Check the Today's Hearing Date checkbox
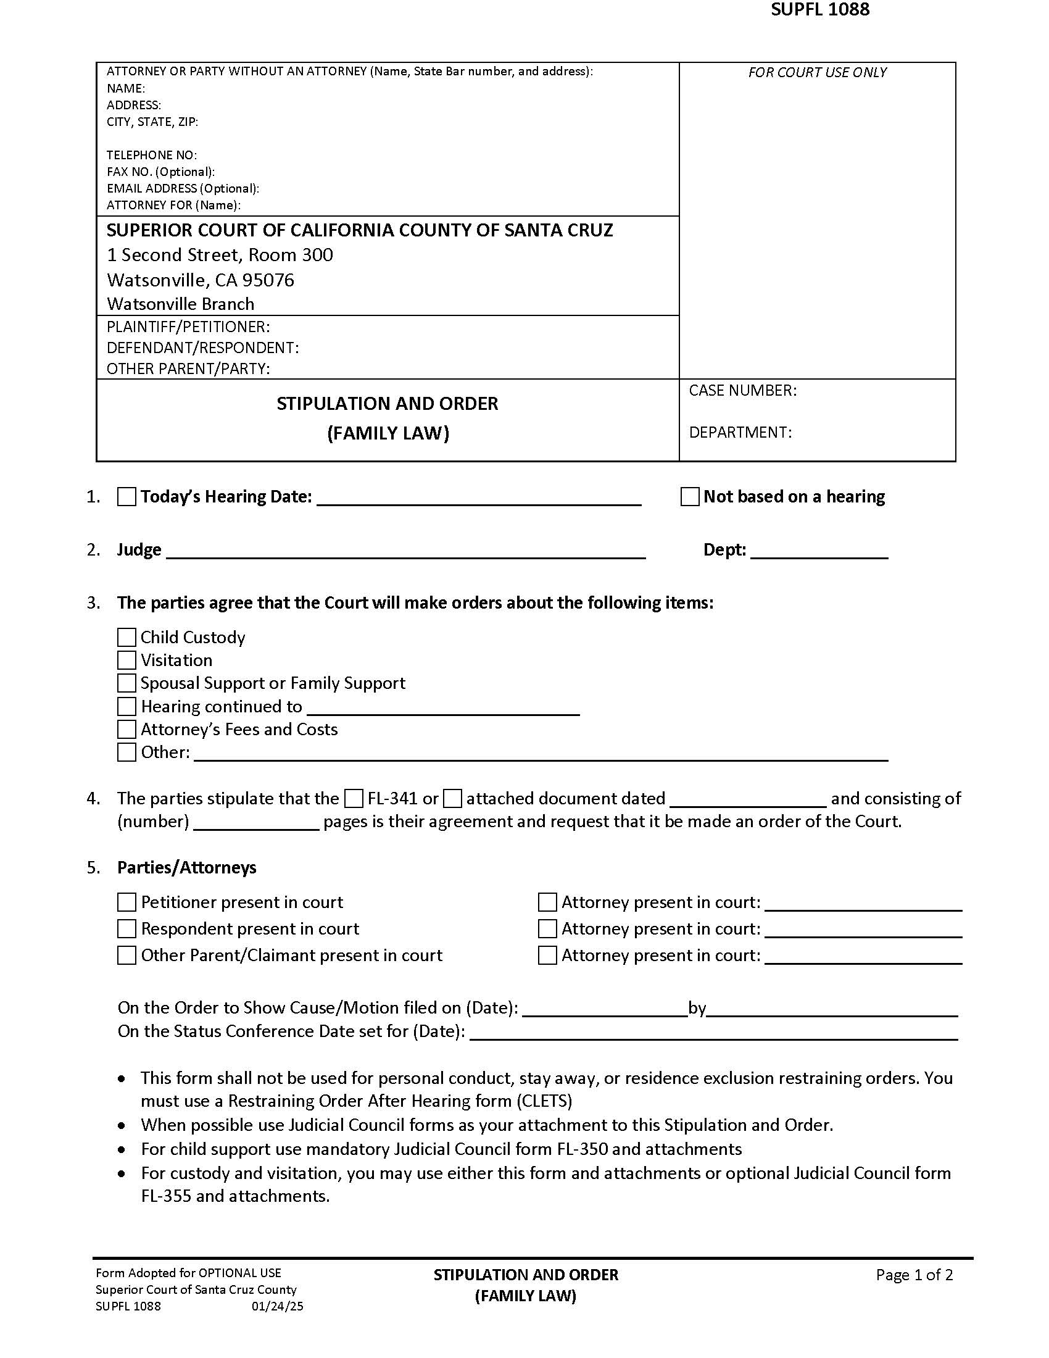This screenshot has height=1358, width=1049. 126,497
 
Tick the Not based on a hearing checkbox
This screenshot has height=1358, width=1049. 690,497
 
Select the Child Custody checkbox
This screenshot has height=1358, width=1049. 126,638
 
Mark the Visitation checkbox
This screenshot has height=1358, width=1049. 126,660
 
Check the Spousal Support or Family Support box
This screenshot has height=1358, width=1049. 126,683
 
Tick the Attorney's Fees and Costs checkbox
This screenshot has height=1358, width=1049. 126,729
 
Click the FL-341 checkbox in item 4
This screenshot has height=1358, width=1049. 354,798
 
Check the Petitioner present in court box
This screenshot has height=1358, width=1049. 126,902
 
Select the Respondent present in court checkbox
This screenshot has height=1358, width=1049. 126,929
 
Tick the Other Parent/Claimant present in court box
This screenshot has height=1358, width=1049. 126,955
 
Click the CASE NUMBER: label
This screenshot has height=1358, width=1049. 742,391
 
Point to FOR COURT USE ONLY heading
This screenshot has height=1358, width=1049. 817,73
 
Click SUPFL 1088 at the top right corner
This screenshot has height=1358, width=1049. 819,9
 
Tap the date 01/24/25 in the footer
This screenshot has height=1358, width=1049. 277,1306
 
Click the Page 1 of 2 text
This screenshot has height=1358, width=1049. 914,1275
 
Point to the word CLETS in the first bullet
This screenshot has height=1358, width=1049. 544,1101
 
